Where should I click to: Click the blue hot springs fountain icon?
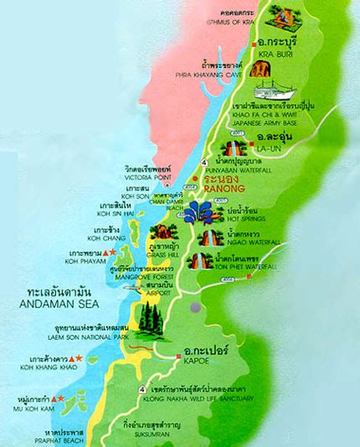(201, 212)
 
